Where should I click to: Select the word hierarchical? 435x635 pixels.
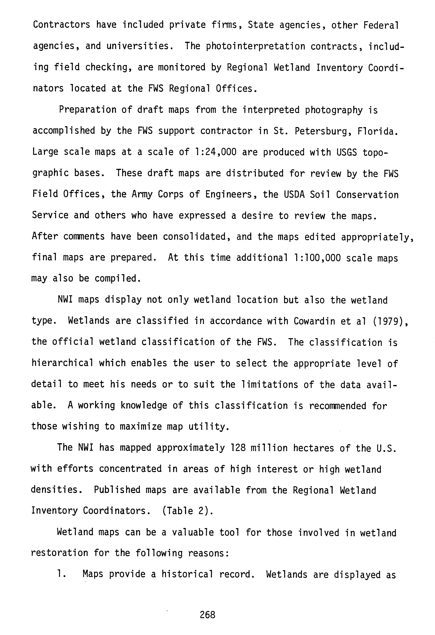[x=62, y=363]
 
